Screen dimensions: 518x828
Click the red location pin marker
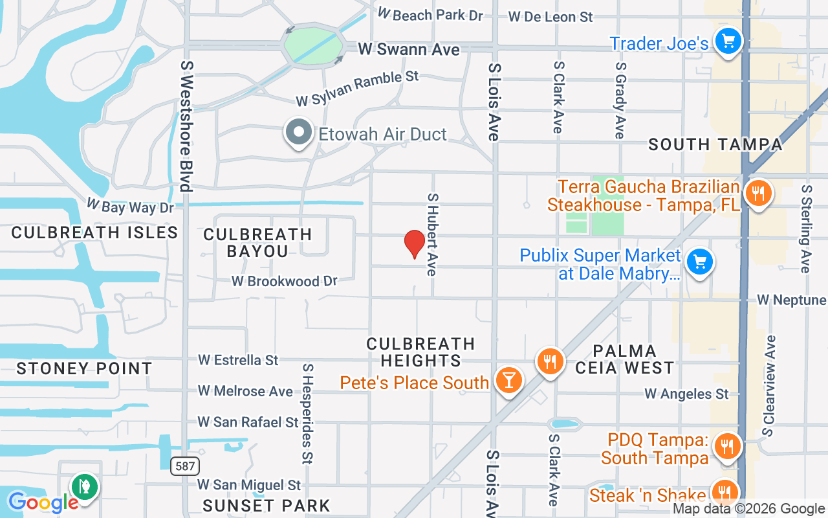(414, 243)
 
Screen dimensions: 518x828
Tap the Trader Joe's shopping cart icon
(728, 42)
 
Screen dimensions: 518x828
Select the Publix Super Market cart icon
(699, 262)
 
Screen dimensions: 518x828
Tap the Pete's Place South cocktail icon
(509, 380)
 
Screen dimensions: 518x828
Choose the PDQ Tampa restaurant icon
(728, 446)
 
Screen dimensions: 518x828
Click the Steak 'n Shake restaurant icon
(724, 491)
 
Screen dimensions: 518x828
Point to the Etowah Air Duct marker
(298, 133)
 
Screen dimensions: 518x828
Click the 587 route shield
(186, 466)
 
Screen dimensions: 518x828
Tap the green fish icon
(84, 486)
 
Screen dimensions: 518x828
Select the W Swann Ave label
(409, 49)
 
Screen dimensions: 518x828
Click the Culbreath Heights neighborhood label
(420, 352)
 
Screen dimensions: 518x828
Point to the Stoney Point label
(84, 368)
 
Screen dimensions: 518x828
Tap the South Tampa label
(715, 144)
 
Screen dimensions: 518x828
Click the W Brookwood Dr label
(285, 281)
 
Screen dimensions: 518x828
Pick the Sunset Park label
(267, 505)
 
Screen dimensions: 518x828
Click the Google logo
(43, 502)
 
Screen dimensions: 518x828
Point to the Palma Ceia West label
(624, 359)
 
